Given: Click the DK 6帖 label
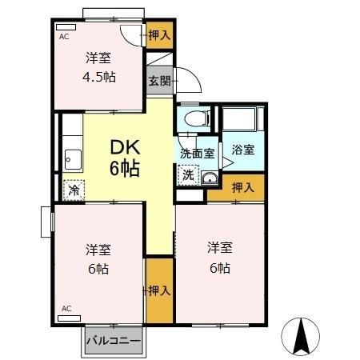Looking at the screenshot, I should point(126,158).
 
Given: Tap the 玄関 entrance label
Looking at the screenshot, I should point(158,80).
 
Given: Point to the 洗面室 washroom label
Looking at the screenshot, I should point(194,152).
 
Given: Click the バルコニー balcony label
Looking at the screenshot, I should point(114,340).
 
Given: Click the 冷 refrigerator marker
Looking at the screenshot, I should point(73,190).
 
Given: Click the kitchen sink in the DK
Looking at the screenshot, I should point(73,158).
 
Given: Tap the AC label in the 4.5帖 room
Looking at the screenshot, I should point(62,37).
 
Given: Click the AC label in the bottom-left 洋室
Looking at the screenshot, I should point(66,308).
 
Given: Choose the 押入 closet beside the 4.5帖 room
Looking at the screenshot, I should point(159,34).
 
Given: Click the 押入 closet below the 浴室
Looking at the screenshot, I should point(242,189).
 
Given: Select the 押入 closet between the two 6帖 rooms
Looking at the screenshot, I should point(159,290).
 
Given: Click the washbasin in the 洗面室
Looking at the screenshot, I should point(210,178).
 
